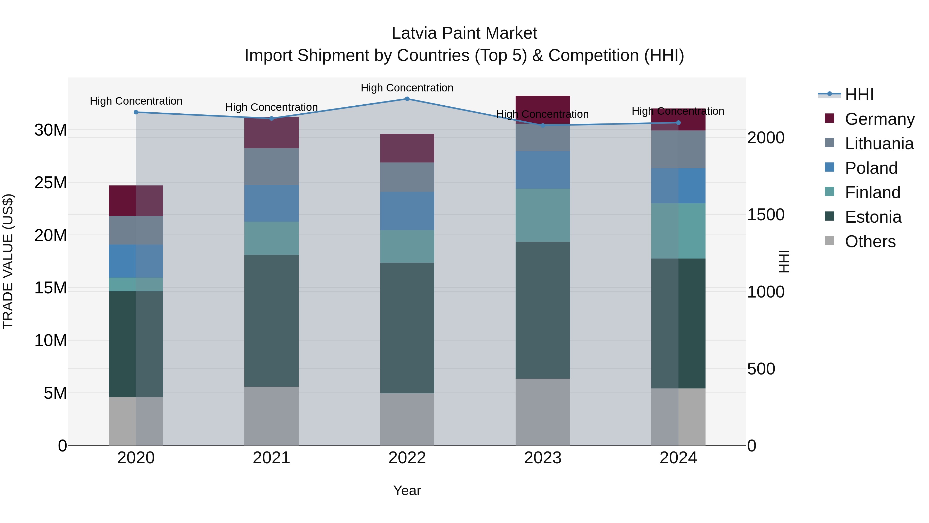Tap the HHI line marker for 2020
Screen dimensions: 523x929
click(x=136, y=112)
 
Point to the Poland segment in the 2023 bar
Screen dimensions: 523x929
click(x=542, y=170)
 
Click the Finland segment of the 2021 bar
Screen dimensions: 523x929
click(x=271, y=238)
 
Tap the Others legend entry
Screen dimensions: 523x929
click(x=870, y=241)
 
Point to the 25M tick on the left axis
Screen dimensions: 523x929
click(x=51, y=183)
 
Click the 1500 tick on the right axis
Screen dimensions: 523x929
click(x=766, y=215)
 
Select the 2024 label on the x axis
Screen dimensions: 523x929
click(x=678, y=458)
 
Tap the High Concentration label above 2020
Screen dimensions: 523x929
click(x=136, y=101)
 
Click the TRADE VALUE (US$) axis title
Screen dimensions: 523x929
click(x=8, y=261)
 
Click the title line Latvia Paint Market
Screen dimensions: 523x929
click(x=464, y=33)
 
